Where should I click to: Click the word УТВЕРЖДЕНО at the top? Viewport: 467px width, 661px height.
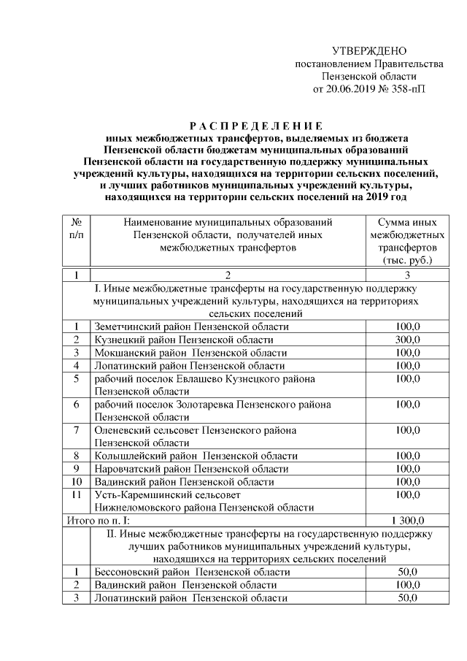point(368,51)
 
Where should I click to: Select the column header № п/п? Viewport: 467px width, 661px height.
point(76,228)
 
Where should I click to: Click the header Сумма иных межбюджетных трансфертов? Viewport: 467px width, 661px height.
point(407,240)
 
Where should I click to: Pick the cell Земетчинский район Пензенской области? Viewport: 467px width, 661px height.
point(191,326)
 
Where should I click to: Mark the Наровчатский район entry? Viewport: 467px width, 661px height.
point(191,469)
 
